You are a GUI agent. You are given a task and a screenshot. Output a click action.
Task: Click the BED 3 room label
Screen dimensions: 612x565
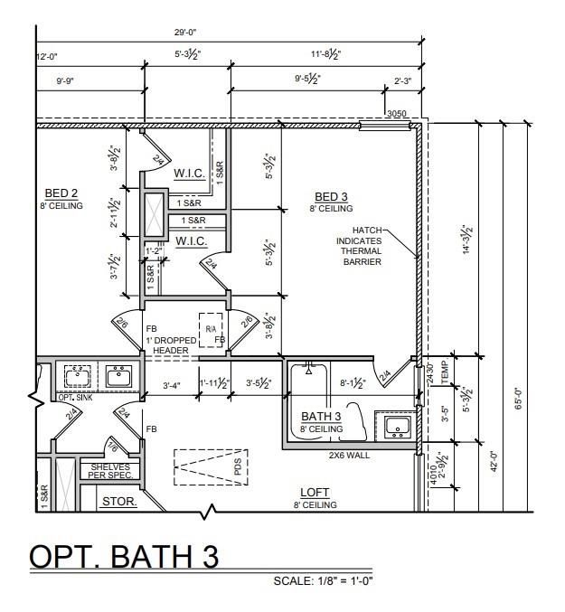[x=331, y=197]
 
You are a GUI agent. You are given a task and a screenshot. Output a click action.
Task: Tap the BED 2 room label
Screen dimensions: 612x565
[x=61, y=193]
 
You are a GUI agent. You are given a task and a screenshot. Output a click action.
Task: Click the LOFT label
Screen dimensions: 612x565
[x=315, y=493]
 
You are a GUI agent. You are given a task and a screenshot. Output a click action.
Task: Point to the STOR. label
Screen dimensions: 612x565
[x=118, y=500]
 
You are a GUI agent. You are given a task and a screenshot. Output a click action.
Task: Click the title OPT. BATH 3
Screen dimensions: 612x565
[x=125, y=556]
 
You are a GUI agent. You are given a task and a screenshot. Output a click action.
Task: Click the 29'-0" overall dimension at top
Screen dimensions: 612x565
[x=185, y=33]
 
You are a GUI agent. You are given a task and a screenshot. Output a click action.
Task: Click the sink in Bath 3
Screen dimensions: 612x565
[x=397, y=426]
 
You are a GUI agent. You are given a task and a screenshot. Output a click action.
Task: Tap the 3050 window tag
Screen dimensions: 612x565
[x=396, y=114]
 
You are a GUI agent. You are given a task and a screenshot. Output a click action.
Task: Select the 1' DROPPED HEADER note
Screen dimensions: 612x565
[x=170, y=345]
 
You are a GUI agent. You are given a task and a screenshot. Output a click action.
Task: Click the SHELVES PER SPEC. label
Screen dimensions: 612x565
[x=108, y=471]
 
